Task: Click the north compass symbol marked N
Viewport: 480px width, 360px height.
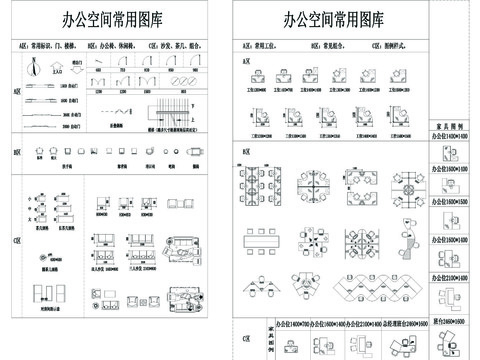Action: [x=33, y=68]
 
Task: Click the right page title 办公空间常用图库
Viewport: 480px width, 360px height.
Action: [x=333, y=19]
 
